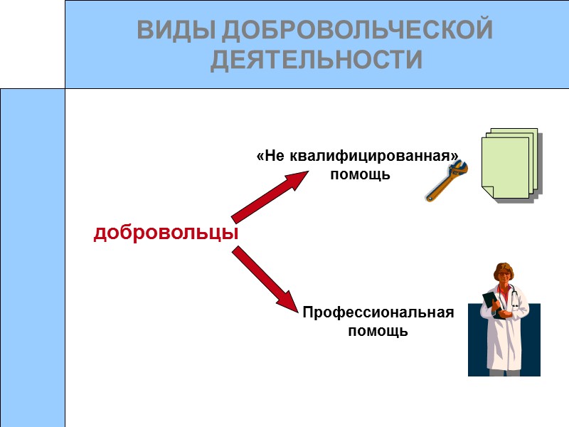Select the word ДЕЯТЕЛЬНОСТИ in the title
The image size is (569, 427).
(x=316, y=60)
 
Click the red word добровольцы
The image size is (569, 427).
(x=166, y=233)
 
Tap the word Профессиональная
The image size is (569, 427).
(x=378, y=312)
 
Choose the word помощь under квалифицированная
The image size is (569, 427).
(x=361, y=174)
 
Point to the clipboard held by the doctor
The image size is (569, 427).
(x=491, y=302)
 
